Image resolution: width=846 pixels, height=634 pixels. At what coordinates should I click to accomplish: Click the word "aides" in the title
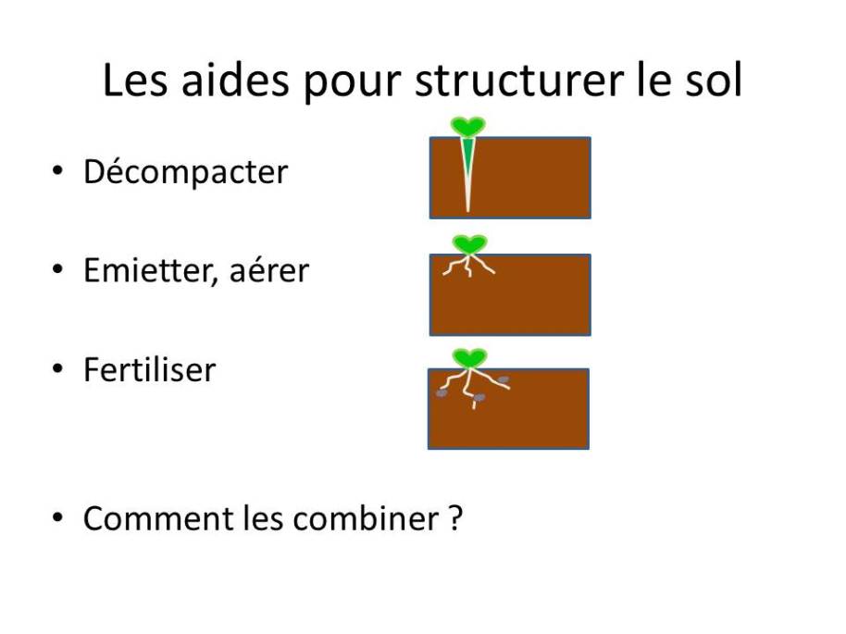[235, 80]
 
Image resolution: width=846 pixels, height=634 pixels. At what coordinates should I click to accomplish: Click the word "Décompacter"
[186, 172]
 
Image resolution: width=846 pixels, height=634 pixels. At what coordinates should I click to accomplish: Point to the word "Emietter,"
[151, 271]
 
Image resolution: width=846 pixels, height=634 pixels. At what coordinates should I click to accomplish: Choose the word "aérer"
[269, 271]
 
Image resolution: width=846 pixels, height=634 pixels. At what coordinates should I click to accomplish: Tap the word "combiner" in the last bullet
[366, 518]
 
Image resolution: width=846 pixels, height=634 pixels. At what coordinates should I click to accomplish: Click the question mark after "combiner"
[454, 518]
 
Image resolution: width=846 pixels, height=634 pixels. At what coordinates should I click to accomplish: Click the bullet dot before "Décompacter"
[57, 170]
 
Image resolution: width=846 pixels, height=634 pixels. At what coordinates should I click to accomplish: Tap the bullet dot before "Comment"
[57, 517]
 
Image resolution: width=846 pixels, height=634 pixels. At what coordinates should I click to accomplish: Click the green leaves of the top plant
[468, 127]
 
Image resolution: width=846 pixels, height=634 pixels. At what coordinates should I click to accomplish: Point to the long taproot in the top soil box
[467, 174]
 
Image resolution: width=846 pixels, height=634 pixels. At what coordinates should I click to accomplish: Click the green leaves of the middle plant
[469, 244]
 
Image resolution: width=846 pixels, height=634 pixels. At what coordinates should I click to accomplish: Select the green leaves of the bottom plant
[469, 358]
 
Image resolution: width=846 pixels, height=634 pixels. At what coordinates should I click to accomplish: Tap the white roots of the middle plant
[468, 265]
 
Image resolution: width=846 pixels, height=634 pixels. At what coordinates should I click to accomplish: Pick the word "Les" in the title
[135, 80]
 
